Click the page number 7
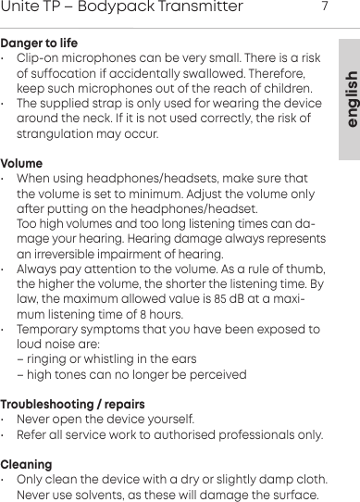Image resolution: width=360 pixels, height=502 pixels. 325,7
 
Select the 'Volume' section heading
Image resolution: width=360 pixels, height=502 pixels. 21,163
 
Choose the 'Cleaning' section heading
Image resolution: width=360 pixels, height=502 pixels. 26,463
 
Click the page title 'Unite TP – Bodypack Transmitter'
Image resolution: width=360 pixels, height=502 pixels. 122,8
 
